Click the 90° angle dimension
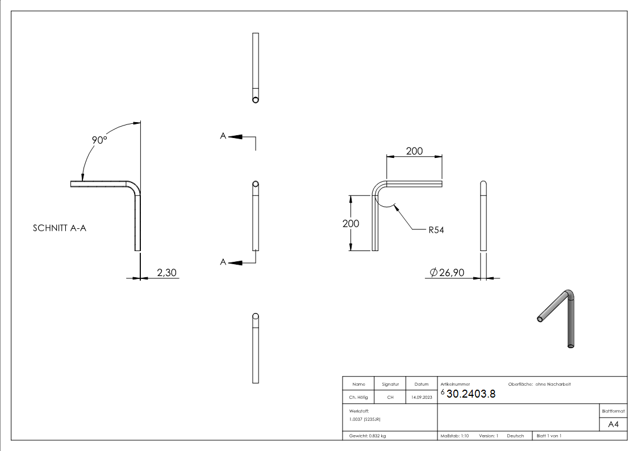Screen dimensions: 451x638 [x=100, y=140]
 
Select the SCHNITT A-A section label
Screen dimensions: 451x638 [x=60, y=228]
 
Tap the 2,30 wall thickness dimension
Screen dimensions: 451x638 [x=166, y=273]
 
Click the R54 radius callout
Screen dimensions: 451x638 [x=436, y=230]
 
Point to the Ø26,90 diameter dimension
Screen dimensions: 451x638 [x=447, y=273]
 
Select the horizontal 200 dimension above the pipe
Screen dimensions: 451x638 [x=414, y=151]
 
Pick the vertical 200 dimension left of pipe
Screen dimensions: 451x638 [x=351, y=223]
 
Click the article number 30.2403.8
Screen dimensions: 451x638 [x=471, y=395]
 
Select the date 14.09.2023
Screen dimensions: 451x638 [x=421, y=397]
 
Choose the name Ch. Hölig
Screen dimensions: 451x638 [x=358, y=397]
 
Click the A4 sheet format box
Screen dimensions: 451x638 [x=613, y=424]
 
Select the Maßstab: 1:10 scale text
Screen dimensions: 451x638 [x=454, y=436]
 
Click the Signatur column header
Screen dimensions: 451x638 [x=390, y=385]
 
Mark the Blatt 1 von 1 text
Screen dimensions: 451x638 [x=548, y=436]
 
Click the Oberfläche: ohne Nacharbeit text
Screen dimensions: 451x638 [x=535, y=385]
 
